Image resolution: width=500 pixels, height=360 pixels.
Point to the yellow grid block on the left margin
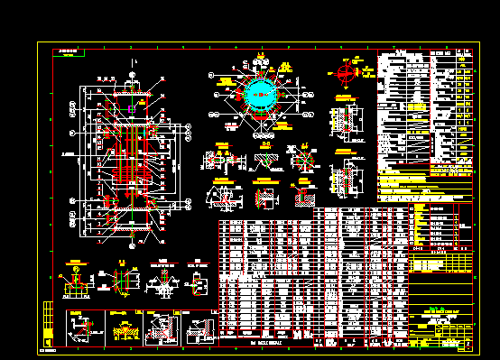pyautogui.click(x=47, y=315)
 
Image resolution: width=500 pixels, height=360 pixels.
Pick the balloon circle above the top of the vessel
pyautogui.click(x=134, y=61)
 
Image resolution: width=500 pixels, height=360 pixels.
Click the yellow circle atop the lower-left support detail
pyautogui.click(x=76, y=268)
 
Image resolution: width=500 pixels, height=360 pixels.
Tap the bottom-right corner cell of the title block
pyautogui.click(x=468, y=345)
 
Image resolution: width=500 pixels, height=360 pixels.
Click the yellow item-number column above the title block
pyautogui.click(x=416, y=226)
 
